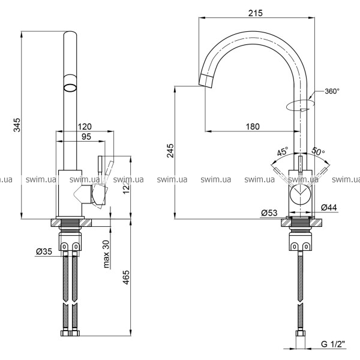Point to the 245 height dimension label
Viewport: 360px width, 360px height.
pos(170,148)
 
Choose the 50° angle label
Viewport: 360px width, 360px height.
pos(318,153)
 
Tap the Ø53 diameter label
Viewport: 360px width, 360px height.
pos(269,212)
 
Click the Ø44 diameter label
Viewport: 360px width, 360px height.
pos(328,208)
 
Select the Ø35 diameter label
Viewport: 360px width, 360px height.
pos(44,251)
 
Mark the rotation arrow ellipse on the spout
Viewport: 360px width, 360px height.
pos(300,106)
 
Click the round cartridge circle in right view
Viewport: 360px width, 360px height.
pos(300,196)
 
